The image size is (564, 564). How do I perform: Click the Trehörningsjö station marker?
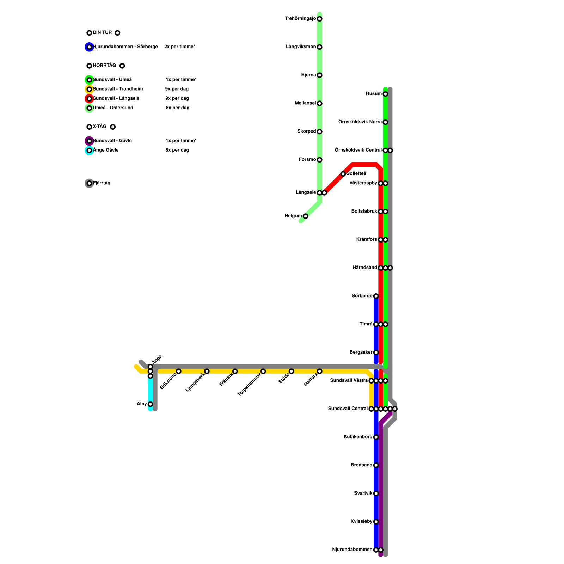pyautogui.click(x=319, y=19)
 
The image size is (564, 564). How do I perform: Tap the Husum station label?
pyautogui.click(x=374, y=94)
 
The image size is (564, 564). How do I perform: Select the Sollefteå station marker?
pyautogui.click(x=343, y=174)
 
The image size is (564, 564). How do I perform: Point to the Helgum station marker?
pyautogui.click(x=305, y=216)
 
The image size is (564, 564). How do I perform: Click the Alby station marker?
pyautogui.click(x=150, y=404)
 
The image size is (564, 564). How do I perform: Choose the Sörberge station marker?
pyautogui.click(x=376, y=296)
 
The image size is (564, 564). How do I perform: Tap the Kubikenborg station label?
pyautogui.click(x=358, y=437)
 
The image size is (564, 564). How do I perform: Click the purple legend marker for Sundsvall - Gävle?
pyautogui.click(x=89, y=141)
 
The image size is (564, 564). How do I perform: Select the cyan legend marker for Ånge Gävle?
pyautogui.click(x=89, y=151)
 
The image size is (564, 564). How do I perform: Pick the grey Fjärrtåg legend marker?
pyautogui.click(x=89, y=183)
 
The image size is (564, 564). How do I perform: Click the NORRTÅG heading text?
pyautogui.click(x=104, y=66)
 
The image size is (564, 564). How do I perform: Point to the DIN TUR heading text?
pyautogui.click(x=102, y=33)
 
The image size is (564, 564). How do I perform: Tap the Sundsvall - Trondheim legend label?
pyautogui.click(x=118, y=89)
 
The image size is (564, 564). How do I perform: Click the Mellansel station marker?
pyautogui.click(x=319, y=103)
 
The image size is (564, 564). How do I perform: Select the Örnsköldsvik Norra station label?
pyautogui.click(x=360, y=122)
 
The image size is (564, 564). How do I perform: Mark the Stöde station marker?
pyautogui.click(x=291, y=371)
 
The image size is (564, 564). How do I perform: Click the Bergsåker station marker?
pyautogui.click(x=376, y=352)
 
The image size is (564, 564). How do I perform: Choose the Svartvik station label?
pyautogui.click(x=363, y=493)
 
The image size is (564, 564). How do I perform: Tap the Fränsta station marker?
pyautogui.click(x=235, y=371)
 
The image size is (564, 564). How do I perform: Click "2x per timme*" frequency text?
pyautogui.click(x=180, y=47)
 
